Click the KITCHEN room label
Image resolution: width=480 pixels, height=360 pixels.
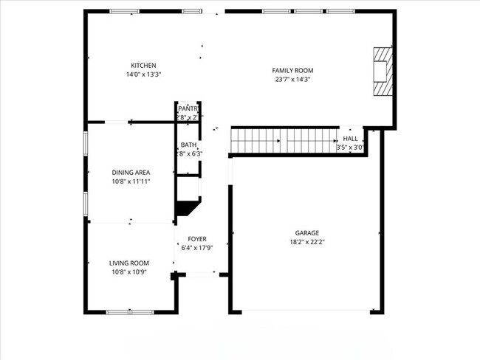tap(143, 66)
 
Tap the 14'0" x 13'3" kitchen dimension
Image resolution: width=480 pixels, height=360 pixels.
tap(143, 75)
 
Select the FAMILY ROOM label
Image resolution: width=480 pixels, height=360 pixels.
tap(293, 70)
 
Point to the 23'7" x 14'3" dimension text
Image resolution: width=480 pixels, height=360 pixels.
tap(293, 79)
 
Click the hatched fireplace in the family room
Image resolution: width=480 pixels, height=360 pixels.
tap(382, 72)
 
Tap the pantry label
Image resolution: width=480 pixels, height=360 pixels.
tap(188, 108)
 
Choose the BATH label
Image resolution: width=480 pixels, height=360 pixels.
tap(188, 145)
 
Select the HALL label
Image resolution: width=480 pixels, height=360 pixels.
tap(350, 138)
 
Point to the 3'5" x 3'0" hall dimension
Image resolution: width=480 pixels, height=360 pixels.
tap(350, 147)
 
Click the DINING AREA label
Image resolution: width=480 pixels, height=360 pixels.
tap(131, 173)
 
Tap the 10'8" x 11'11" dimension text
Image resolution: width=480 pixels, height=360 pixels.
tap(131, 181)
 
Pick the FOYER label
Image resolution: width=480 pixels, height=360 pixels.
tap(197, 239)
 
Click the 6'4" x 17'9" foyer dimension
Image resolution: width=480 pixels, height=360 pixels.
tap(197, 248)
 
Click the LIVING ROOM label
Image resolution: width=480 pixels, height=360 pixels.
tap(129, 263)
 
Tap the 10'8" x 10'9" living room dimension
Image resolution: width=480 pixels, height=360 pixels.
tap(129, 271)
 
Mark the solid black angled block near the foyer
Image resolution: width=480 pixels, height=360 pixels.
tap(187, 208)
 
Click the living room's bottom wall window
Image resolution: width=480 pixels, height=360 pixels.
tap(129, 312)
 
